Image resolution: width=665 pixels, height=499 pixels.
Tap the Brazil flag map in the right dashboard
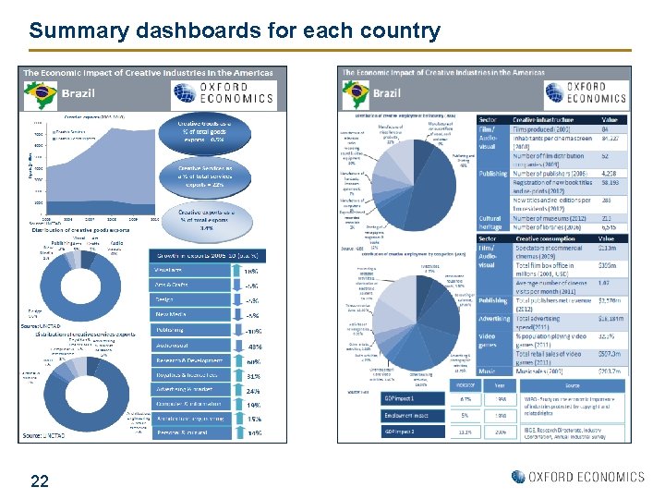pyautogui.click(x=356, y=92)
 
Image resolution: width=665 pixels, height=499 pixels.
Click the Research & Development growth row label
pyautogui.click(x=188, y=361)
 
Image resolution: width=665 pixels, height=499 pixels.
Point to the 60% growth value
pyautogui.click(x=251, y=362)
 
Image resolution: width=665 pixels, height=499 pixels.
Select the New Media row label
pyautogui.click(x=188, y=314)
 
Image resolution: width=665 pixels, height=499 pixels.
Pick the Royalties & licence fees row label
pyautogui.click(x=188, y=376)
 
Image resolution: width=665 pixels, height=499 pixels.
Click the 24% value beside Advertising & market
pyautogui.click(x=251, y=391)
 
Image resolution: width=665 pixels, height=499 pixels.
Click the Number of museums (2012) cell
pyautogui.click(x=550, y=217)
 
